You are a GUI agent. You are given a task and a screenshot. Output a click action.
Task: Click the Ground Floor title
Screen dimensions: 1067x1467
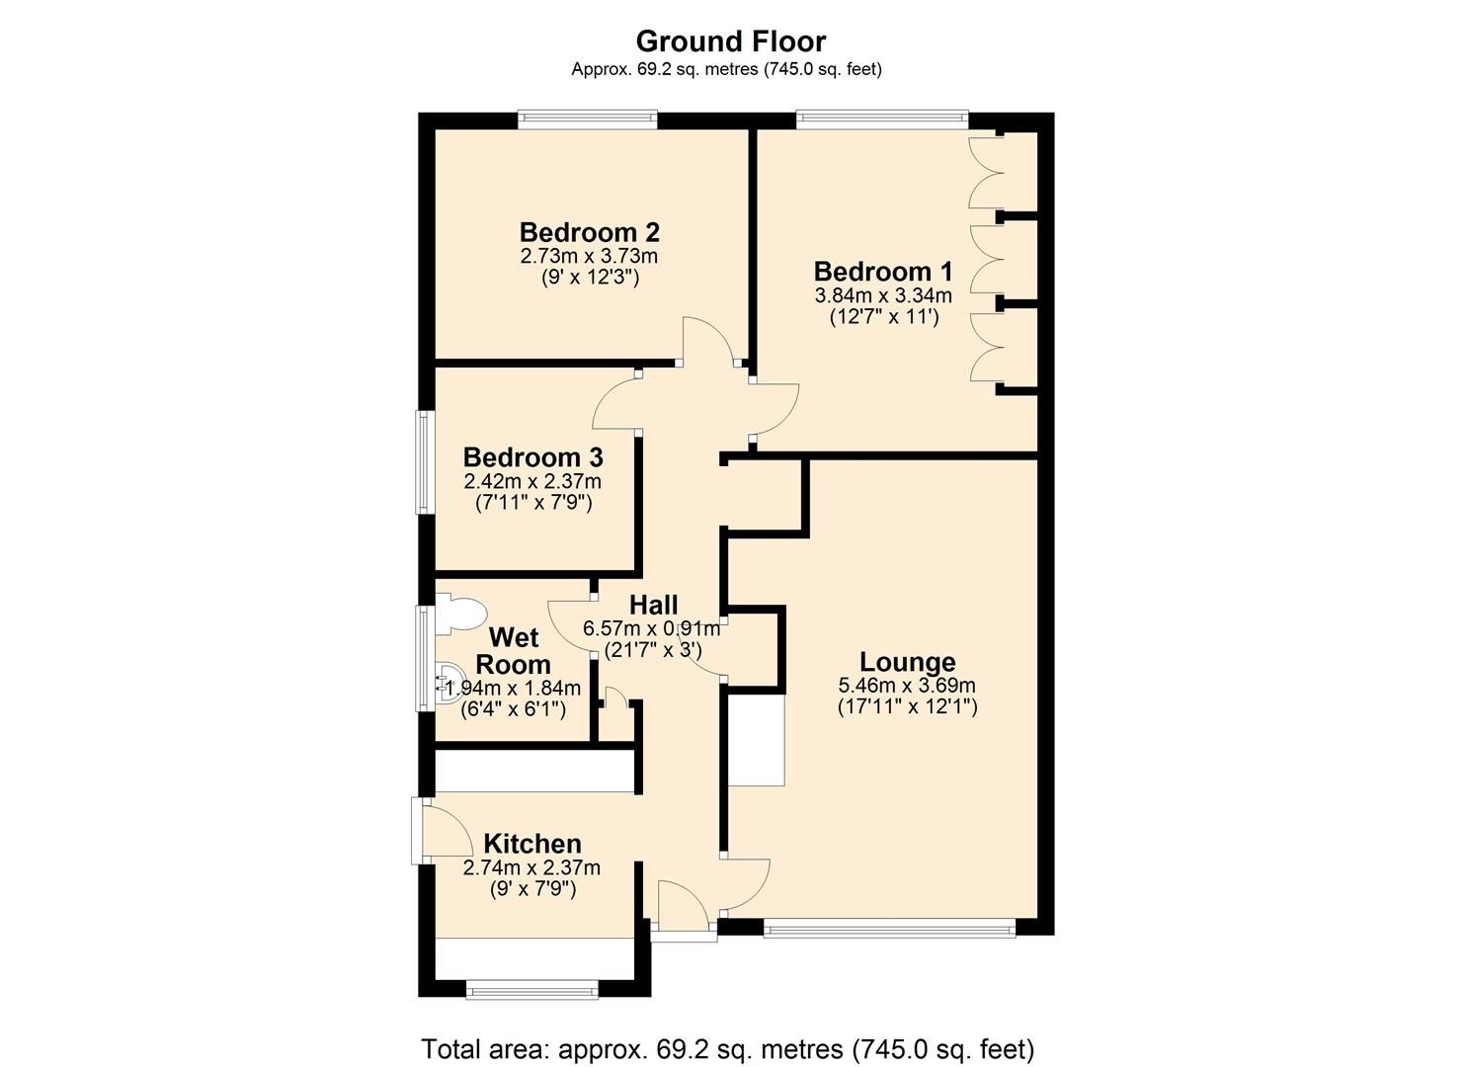tap(730, 41)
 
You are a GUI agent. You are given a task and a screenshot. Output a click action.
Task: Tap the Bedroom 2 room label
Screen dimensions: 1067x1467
tap(589, 233)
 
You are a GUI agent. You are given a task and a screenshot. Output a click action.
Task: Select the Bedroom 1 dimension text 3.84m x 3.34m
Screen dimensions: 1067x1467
tap(882, 295)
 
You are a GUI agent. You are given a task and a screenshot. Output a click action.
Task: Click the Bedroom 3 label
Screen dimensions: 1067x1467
tap(532, 457)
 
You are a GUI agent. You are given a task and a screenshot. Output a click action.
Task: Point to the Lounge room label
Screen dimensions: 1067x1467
tap(907, 662)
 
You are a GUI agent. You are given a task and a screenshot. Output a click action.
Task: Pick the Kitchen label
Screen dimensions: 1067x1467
tap(531, 844)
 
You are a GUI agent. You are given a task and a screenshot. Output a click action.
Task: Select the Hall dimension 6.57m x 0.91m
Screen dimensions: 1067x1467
tap(652, 628)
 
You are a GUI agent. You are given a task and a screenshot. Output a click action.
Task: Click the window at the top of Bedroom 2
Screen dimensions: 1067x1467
tap(588, 121)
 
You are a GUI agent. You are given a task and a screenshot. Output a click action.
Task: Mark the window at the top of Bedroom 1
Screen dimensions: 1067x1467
tap(882, 121)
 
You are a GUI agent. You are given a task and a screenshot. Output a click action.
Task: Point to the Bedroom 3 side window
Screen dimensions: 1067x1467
tap(425, 461)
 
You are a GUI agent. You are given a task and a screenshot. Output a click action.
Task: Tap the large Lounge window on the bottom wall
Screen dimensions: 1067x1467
tap(889, 928)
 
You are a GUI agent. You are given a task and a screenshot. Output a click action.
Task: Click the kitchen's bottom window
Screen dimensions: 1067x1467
tap(531, 989)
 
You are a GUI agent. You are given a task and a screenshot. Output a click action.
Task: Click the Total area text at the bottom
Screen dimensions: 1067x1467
tap(727, 1048)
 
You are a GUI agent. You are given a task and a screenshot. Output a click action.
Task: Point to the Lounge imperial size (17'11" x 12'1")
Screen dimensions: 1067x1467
tap(907, 707)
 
